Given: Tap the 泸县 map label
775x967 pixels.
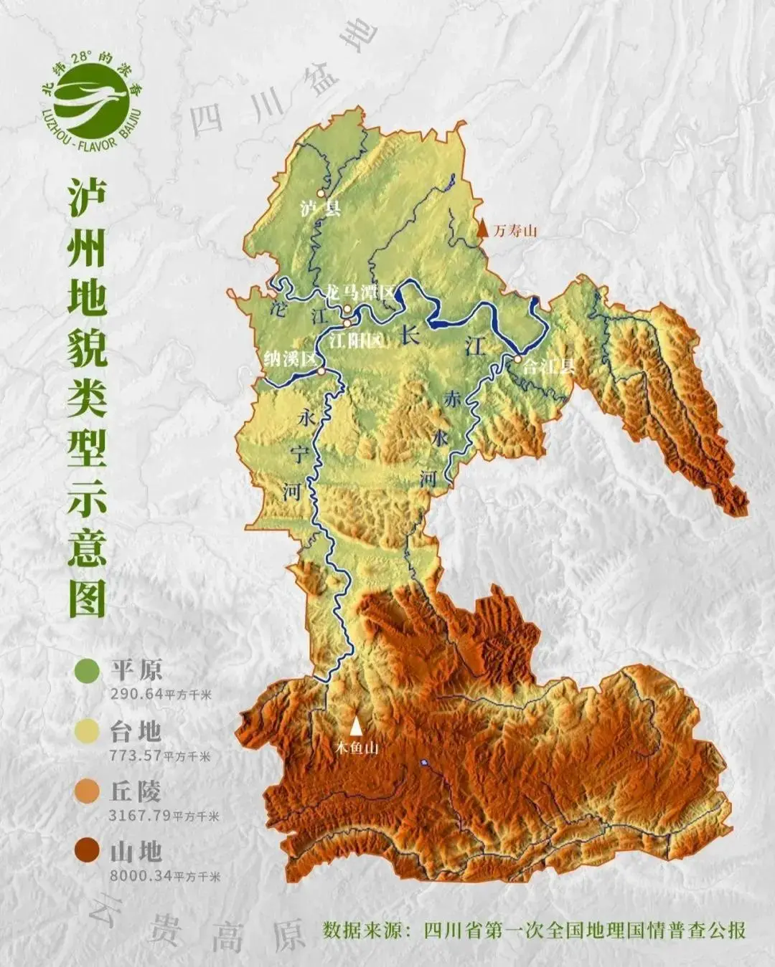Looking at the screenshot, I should pos(320,209).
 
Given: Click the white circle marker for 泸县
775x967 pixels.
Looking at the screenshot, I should pos(321,194).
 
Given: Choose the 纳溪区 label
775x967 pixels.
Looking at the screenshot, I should pos(290,358).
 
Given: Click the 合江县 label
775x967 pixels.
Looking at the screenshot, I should pos(549,366).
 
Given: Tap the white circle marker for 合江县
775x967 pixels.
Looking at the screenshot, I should pos(516,358).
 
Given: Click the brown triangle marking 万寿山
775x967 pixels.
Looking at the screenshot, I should pos(484,229).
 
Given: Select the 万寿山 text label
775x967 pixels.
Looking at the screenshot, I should pos(515,230).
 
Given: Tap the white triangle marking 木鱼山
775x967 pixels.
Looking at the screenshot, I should pos(356,725).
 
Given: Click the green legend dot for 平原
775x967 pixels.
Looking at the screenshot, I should pos(87,671).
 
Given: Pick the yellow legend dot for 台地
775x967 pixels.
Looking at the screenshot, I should pos(87,731).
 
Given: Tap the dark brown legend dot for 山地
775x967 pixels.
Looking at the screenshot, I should pos(87,852).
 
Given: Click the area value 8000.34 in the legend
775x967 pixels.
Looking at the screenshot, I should pos(136,875).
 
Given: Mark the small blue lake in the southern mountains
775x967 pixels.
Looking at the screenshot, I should pos(425,763).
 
